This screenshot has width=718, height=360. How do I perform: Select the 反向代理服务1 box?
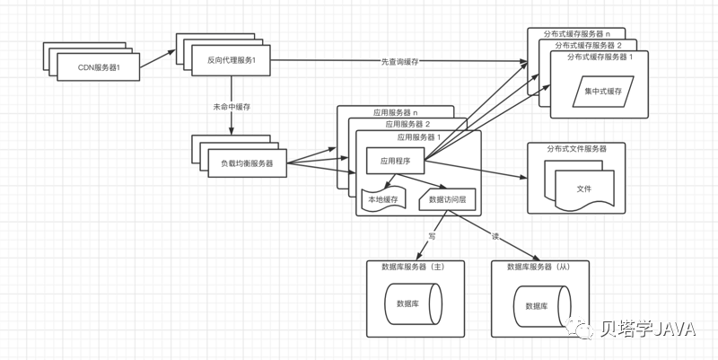click(x=232, y=60)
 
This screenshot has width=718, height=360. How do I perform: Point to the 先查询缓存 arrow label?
click(x=398, y=61)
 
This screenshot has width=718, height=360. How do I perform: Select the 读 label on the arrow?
click(x=495, y=237)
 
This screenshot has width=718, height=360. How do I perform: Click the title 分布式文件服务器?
click(x=575, y=148)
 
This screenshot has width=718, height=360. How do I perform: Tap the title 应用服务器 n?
click(x=396, y=112)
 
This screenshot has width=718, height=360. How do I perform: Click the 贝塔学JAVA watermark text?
click(x=648, y=329)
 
